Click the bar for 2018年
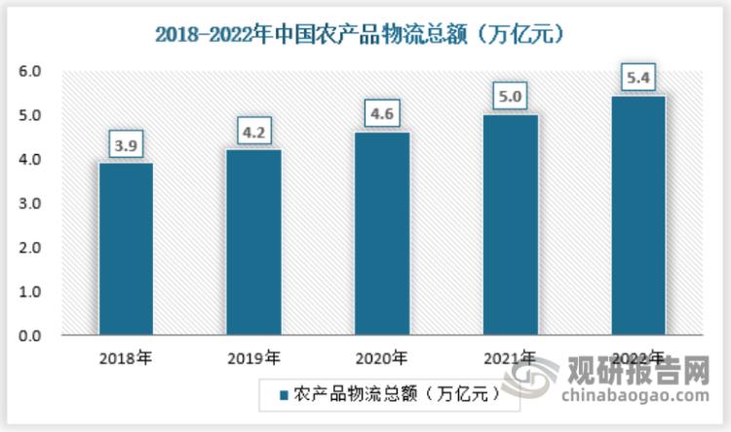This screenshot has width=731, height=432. click(126, 250)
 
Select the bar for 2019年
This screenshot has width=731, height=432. click(253, 243)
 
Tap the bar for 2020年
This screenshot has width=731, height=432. click(381, 234)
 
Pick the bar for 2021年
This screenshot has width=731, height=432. click(510, 225)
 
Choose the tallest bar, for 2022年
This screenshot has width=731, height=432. click(637, 216)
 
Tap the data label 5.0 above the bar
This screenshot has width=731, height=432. click(510, 97)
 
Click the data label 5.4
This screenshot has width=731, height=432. click(637, 78)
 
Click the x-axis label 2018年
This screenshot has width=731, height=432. click(126, 357)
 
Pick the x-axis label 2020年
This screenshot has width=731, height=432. click(381, 357)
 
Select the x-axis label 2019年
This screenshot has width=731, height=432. click(253, 357)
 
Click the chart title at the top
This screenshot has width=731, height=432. click(365, 33)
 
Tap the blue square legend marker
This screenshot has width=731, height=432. click(285, 395)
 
